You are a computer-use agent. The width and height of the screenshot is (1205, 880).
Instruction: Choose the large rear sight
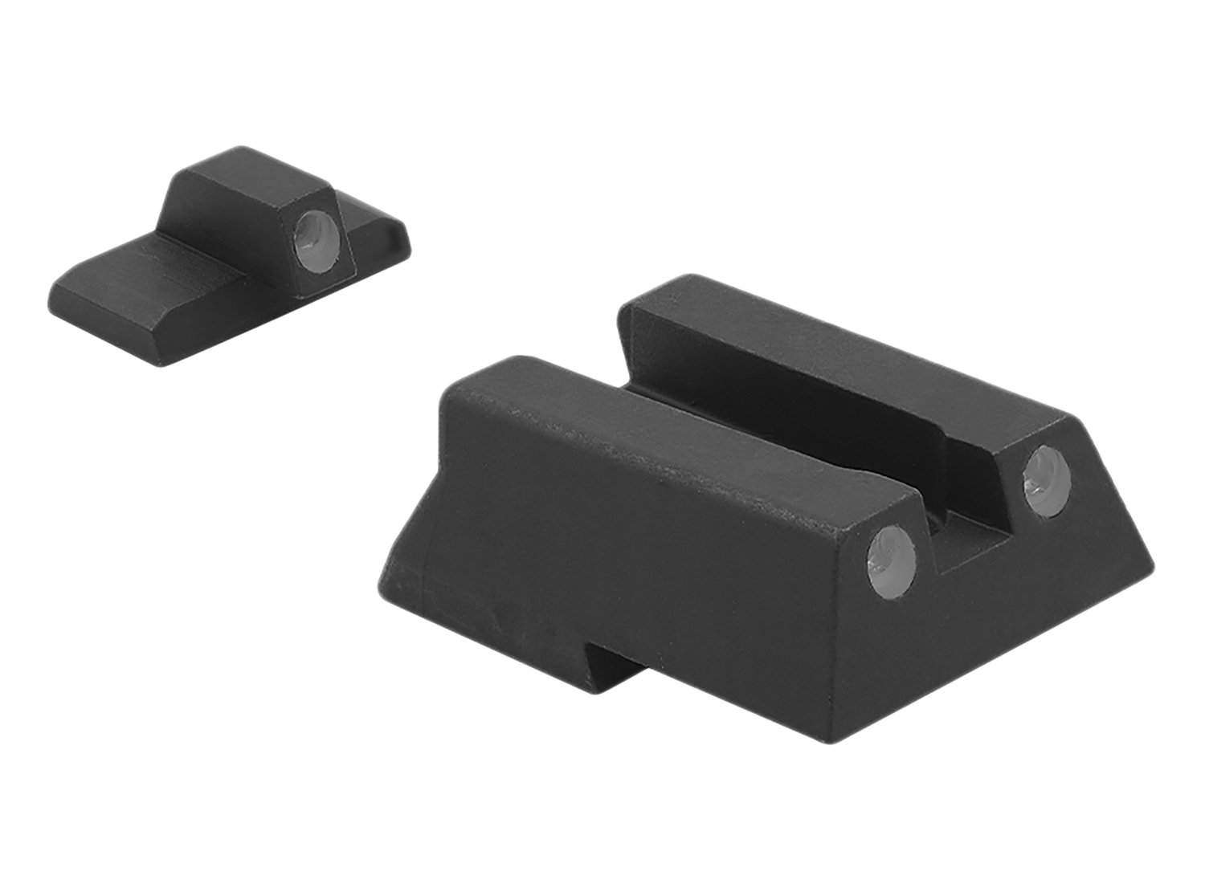(763, 522)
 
